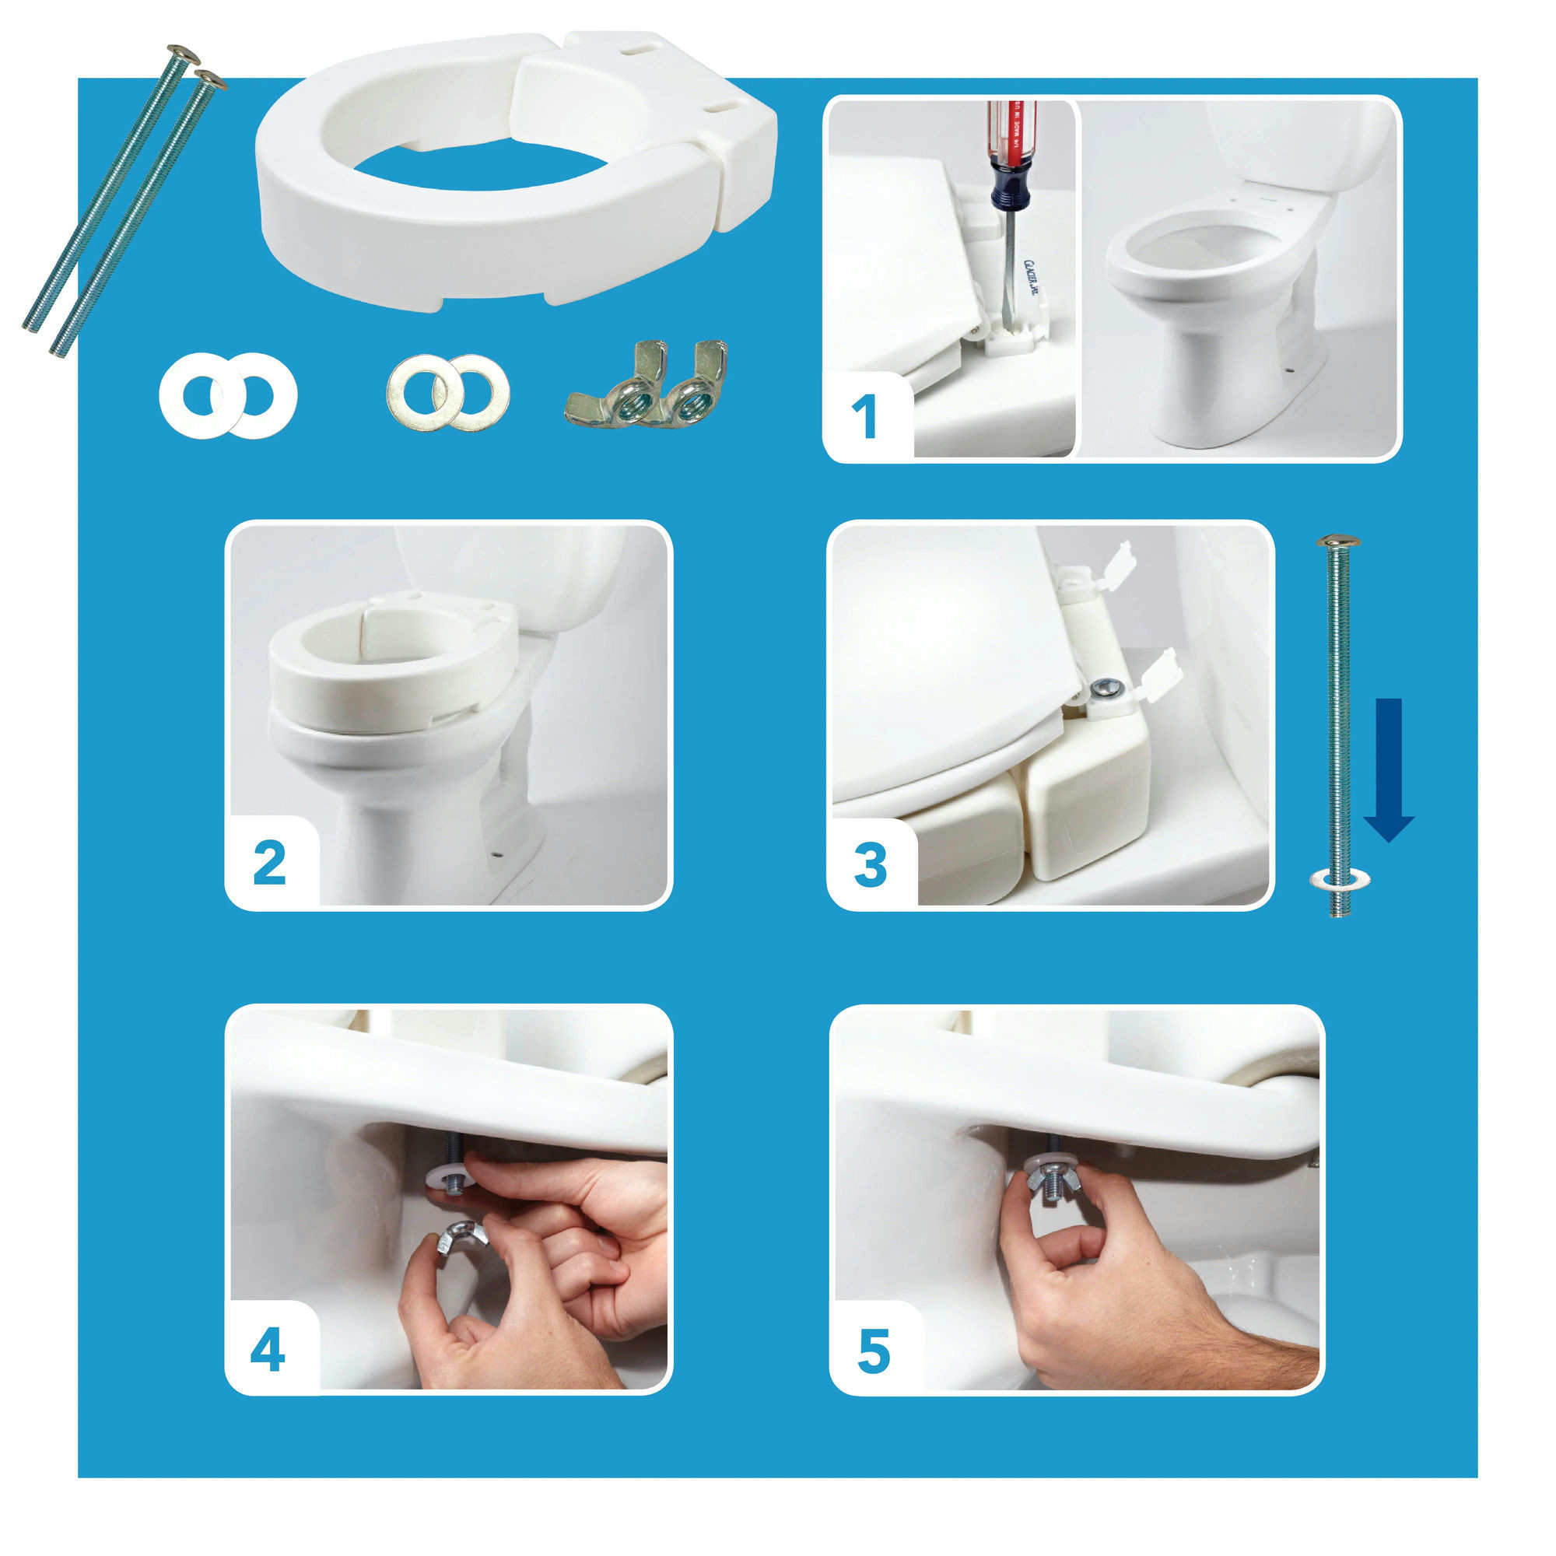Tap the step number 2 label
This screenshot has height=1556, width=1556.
point(269,864)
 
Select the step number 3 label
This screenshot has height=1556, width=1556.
point(871,865)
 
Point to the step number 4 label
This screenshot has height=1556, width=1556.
point(268,1351)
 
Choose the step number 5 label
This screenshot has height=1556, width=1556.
point(874,1352)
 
